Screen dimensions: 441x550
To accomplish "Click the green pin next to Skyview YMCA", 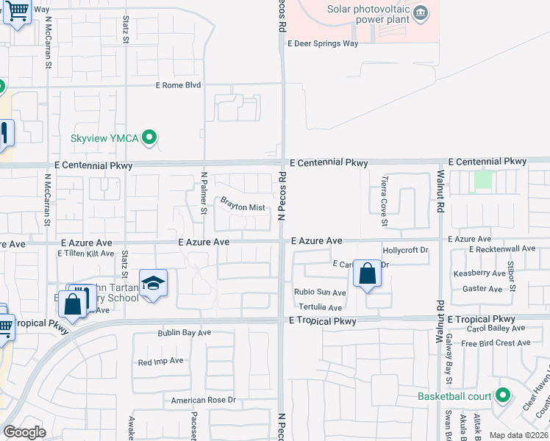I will (x=150, y=137).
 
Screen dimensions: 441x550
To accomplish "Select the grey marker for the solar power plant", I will (x=421, y=12).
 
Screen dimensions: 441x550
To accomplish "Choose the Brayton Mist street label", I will (x=243, y=208).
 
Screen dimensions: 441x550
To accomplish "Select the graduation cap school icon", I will (x=153, y=284).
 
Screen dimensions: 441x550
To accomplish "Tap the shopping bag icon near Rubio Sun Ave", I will (x=367, y=275).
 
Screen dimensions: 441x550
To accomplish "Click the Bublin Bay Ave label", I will (x=184, y=333).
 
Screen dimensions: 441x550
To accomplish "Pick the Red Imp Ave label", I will (x=160, y=362).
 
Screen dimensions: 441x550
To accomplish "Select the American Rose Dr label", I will (x=203, y=401).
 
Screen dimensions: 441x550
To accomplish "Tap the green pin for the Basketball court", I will (x=503, y=396).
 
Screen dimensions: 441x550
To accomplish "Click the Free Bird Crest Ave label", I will (x=496, y=343).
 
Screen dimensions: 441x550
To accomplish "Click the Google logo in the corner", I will (x=24, y=432).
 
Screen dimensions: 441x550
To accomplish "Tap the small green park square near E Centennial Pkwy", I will (x=482, y=179).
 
